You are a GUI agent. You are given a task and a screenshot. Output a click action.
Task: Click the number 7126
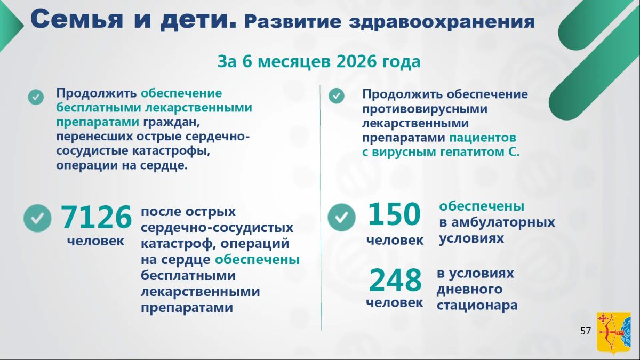coord(97,217)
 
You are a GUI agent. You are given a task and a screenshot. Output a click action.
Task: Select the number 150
coord(394,214)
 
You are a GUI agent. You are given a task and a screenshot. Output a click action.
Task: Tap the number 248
coord(395,280)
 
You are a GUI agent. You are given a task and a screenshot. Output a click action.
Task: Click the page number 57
coord(586,331)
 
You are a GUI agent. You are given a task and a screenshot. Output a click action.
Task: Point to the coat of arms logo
coord(613,333)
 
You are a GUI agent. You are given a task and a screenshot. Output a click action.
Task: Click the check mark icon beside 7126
coord(37,218)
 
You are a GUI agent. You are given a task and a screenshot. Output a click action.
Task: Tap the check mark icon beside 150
coord(341,217)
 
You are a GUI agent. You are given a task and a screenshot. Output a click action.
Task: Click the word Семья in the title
coord(77,19)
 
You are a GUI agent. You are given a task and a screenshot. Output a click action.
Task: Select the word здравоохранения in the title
coord(442,22)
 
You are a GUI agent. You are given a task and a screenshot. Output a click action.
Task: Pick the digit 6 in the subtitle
coord(247,61)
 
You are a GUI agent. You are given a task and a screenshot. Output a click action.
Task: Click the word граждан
coord(171,122)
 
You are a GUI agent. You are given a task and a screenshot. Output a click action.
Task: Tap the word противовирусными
coord(425,109)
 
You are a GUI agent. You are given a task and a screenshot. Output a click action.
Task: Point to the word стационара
coord(477,305)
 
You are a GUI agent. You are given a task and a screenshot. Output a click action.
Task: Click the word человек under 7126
coord(95,241)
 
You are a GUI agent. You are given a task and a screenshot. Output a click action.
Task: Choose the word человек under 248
coord(395,302)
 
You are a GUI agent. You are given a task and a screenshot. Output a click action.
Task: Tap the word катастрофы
coord(171,151)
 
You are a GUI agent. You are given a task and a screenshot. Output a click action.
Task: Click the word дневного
coord(469,290)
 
